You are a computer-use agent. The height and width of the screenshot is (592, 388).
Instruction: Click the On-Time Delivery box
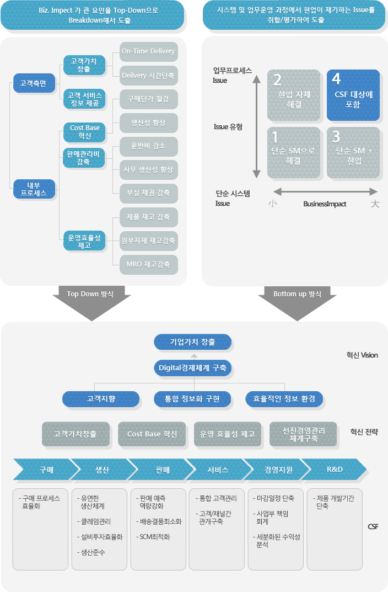click(x=149, y=51)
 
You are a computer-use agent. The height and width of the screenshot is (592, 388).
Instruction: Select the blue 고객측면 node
click(x=34, y=83)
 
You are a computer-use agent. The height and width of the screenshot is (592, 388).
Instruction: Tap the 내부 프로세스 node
click(x=34, y=189)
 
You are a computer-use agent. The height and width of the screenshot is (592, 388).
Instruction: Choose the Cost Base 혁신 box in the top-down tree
click(x=84, y=132)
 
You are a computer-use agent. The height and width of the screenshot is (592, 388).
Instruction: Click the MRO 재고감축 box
click(x=149, y=265)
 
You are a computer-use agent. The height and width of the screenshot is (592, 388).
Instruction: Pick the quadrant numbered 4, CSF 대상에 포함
click(x=353, y=95)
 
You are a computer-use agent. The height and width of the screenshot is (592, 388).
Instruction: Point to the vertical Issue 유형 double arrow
click(x=256, y=126)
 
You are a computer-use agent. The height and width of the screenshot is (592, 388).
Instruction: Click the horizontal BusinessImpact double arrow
click(x=325, y=191)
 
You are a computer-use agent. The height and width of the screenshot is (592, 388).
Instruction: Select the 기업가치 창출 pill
click(x=192, y=342)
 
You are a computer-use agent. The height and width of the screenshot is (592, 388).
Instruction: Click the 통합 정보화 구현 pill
click(x=192, y=398)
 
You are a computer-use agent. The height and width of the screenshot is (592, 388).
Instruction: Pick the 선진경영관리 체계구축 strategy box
click(x=304, y=434)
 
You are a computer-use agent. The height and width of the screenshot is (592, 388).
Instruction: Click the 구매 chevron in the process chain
click(x=46, y=470)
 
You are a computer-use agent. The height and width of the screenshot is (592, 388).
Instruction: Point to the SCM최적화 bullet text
click(x=154, y=536)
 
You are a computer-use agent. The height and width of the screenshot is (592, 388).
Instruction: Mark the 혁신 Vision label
click(x=362, y=355)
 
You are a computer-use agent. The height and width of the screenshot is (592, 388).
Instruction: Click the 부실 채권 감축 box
click(x=149, y=194)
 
